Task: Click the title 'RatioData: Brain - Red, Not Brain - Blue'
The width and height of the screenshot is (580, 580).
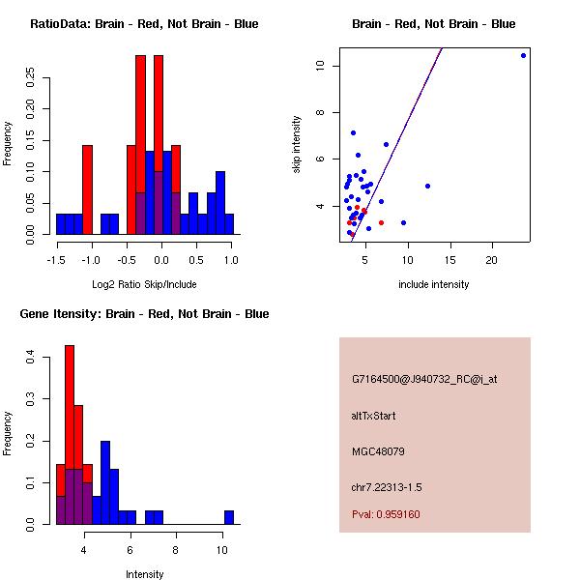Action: coord(144,24)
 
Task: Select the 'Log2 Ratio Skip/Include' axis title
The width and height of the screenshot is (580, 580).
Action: coord(144,284)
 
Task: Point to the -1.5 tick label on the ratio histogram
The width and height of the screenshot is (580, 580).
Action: coord(57,259)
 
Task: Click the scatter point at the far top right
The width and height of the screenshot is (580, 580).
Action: coord(523,55)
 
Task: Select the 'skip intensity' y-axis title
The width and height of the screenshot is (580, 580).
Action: coord(297,145)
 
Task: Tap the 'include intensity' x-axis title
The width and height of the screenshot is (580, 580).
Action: coord(433,284)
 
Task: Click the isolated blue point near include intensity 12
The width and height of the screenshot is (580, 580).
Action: coord(427,186)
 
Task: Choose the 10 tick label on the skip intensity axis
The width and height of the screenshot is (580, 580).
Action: coord(320,66)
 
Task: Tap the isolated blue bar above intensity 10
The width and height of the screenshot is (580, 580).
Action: coord(229,517)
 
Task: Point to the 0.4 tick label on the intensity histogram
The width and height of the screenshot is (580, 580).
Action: coord(31,357)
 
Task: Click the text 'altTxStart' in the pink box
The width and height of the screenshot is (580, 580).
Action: coord(374,416)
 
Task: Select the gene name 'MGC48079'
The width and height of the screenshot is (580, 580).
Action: coord(378,451)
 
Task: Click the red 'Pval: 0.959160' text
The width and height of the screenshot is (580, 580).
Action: coord(386,514)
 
